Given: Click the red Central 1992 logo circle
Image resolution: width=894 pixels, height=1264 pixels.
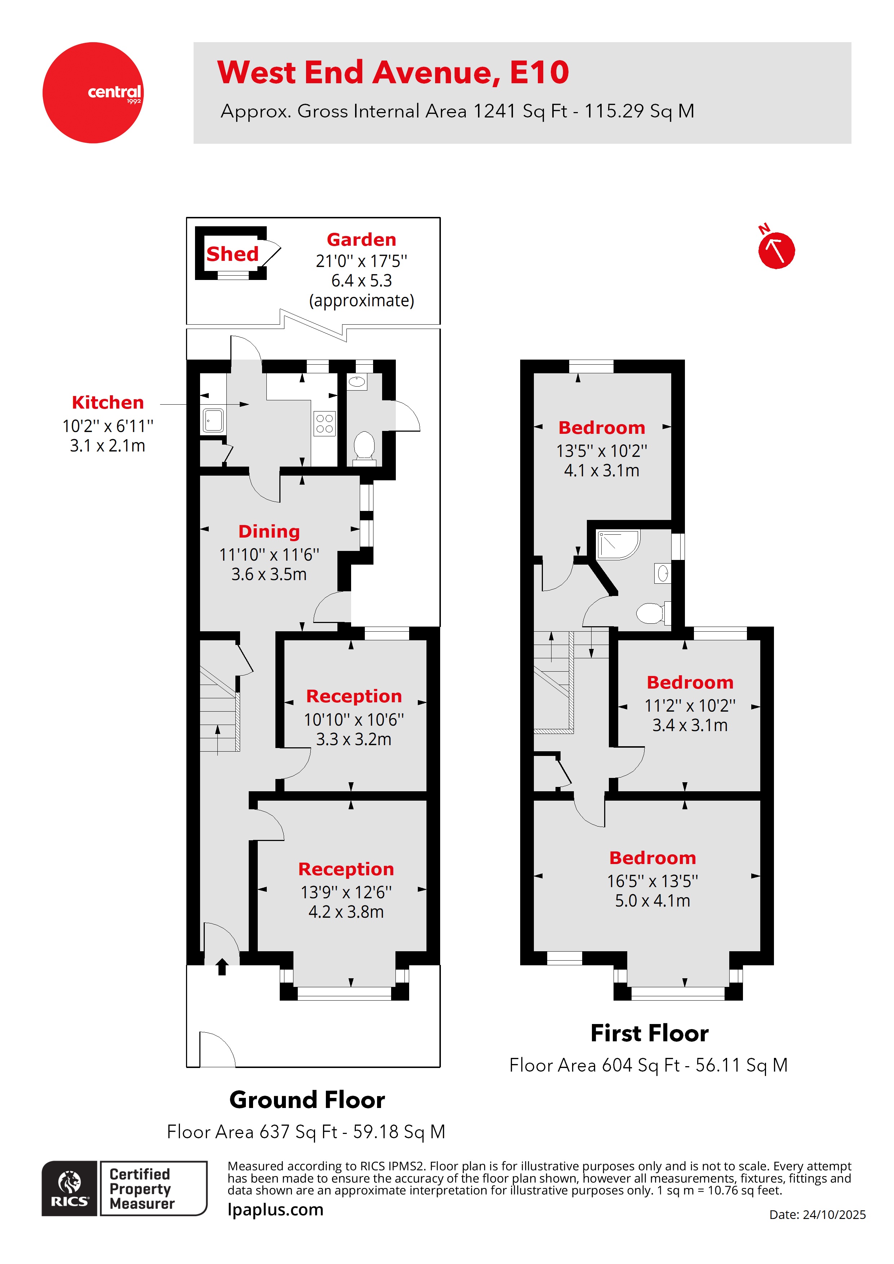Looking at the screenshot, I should pos(93,93).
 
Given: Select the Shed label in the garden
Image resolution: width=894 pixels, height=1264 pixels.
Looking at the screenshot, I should pos(232,254).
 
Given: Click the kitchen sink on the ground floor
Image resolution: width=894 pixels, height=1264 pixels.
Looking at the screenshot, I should pos(213,420).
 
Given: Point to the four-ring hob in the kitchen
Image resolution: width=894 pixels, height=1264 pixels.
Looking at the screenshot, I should pos(324,423).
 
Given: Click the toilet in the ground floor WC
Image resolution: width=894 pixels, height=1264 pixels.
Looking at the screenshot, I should pos(364,446).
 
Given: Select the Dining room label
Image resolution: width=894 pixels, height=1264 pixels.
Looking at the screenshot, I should pos(269,531).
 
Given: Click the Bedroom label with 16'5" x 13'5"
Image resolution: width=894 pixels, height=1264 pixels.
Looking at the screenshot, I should pos(652,858).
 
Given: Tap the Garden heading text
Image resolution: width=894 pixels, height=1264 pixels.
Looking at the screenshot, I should pos(361,240).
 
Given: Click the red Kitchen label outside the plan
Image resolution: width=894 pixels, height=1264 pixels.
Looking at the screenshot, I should pos(107,402).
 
